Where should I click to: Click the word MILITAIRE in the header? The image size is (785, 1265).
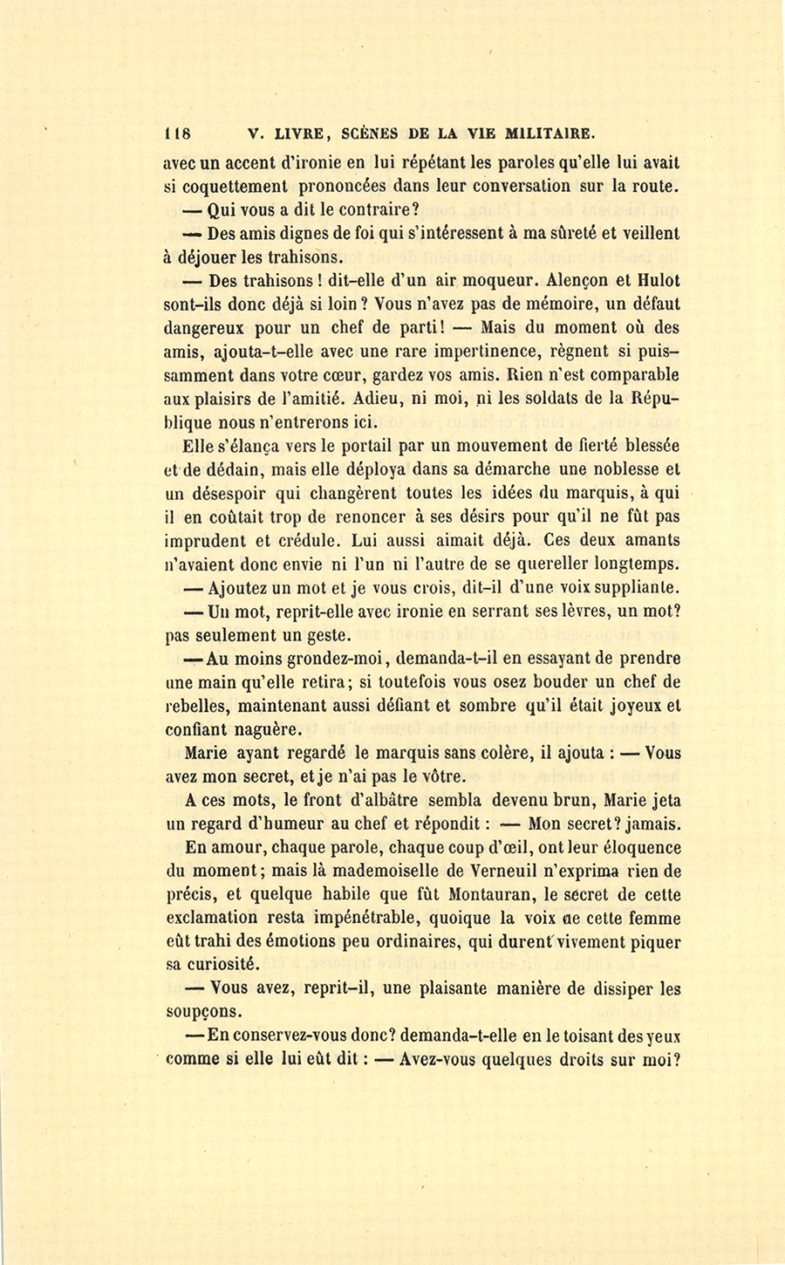tap(546, 134)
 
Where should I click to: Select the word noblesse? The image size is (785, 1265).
tap(609, 468)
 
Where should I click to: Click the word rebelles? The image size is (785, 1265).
tap(200, 705)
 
